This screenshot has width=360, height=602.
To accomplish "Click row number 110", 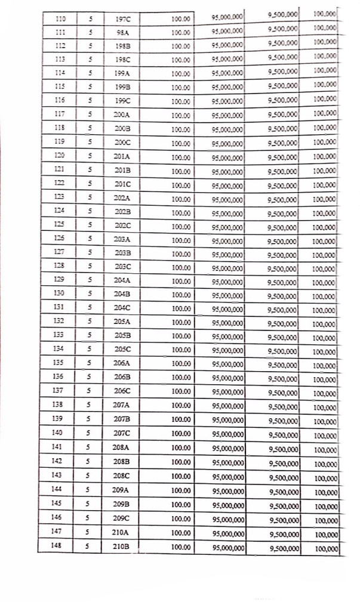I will (x=60, y=19).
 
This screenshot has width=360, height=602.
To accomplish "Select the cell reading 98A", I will (x=122, y=33).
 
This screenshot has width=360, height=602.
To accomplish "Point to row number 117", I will (x=59, y=113).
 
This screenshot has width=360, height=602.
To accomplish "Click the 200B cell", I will (x=122, y=128).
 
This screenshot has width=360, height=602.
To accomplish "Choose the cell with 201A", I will (x=122, y=156).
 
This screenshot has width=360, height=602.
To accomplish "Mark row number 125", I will (x=59, y=224).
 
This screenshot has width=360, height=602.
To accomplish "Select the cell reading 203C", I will (x=122, y=266).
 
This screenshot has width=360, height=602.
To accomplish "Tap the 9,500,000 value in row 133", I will (x=283, y=337).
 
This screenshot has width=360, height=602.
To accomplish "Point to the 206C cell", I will (x=122, y=391).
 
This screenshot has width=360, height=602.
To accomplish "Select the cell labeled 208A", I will (x=121, y=446).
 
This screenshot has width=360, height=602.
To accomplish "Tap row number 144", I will (x=57, y=489).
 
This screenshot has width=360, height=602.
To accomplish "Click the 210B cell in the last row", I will (x=121, y=545).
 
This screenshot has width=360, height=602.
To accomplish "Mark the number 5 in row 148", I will (x=88, y=545).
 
